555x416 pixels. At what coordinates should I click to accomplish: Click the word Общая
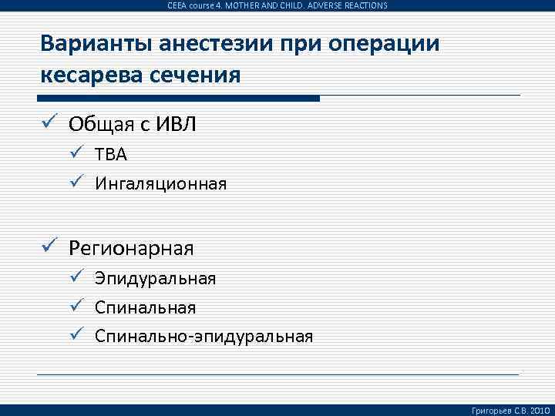[96, 124]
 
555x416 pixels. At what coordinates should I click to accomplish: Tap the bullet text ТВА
[111, 155]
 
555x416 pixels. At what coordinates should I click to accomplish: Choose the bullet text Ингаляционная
[160, 183]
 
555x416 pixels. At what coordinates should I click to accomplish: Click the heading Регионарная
[131, 248]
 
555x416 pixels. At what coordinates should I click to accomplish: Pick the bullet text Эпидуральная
[155, 278]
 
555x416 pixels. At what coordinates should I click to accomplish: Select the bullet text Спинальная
[145, 307]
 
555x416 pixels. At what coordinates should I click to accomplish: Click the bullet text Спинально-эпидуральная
[203, 336]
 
